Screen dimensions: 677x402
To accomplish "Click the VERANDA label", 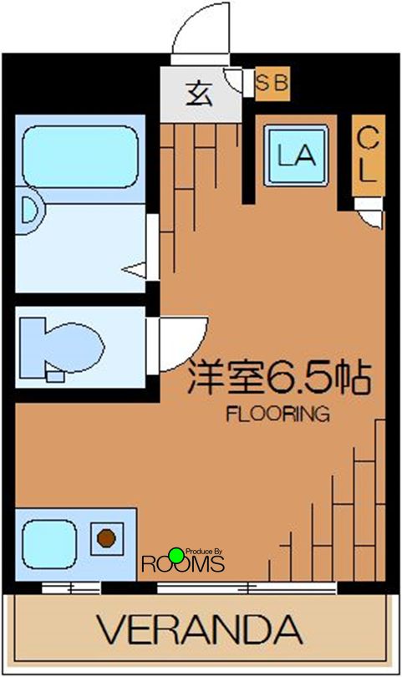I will [x=200, y=629].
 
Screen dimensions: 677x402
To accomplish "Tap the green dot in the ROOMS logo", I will [x=176, y=553].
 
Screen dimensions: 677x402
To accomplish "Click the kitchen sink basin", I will [x=51, y=542].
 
